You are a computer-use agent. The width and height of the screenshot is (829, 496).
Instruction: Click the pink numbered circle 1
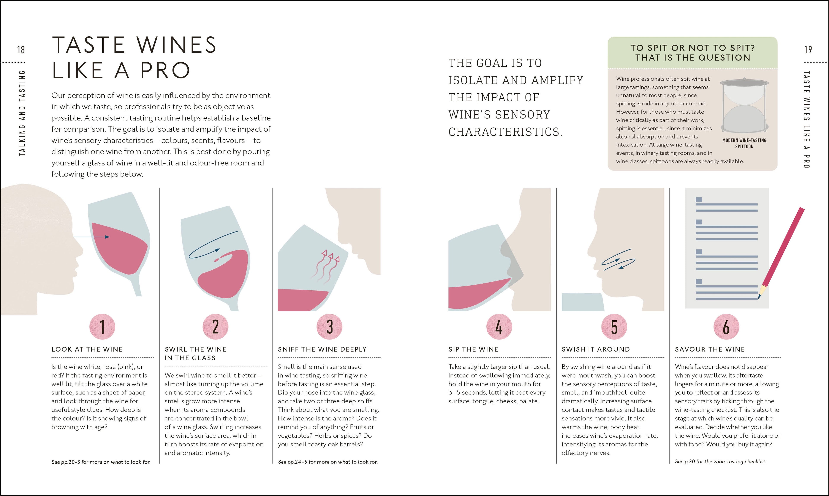tap(102, 327)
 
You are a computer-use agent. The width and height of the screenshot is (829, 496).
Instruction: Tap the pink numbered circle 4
tap(499, 327)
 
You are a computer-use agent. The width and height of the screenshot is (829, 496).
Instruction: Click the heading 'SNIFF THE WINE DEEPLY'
tap(322, 349)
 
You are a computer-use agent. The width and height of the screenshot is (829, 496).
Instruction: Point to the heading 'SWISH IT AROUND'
tap(596, 349)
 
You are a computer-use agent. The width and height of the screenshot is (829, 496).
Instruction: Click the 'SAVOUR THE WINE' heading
tap(710, 349)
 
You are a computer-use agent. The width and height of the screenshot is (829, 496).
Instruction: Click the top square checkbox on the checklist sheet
tap(699, 200)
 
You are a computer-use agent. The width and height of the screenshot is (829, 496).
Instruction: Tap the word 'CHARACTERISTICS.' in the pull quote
tap(505, 132)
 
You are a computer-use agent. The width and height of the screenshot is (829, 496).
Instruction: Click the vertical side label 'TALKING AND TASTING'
tap(22, 113)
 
